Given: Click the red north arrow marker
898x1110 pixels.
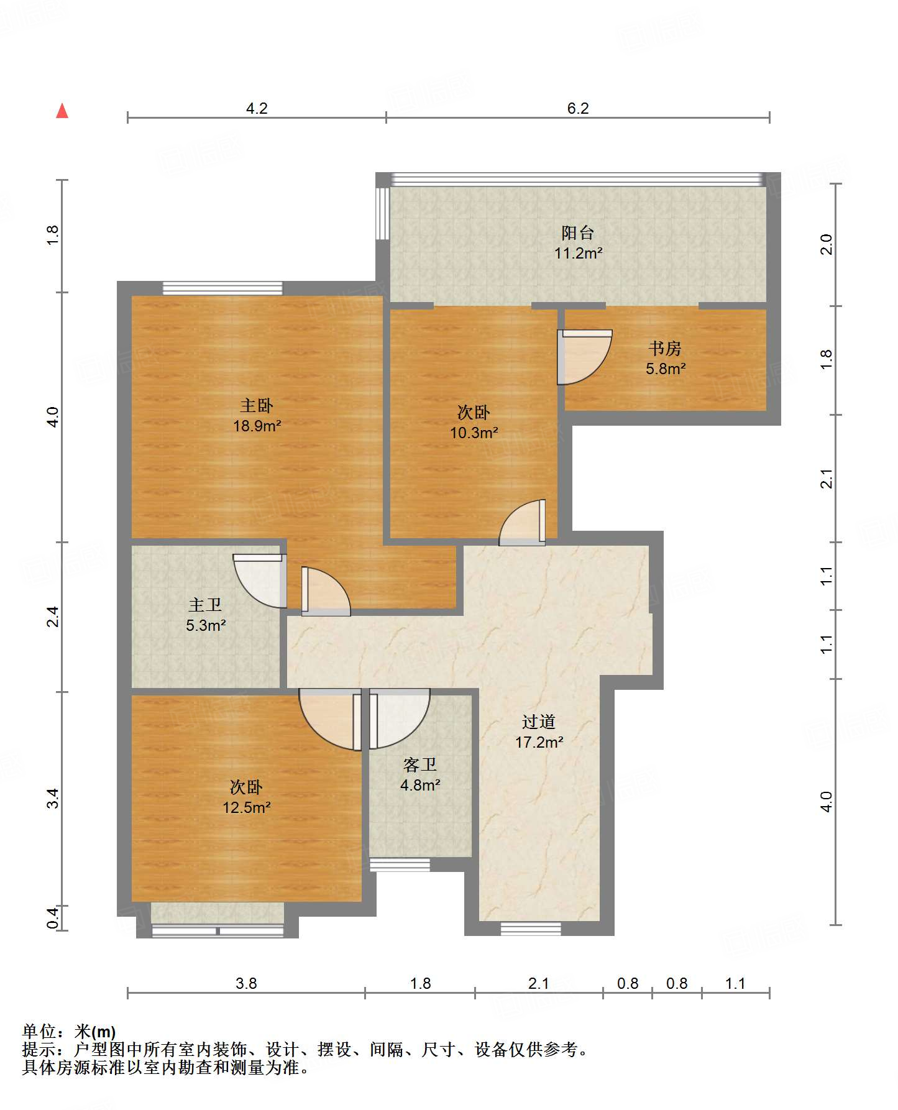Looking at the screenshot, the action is tap(62, 111).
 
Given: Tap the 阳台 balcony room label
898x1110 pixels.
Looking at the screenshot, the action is tap(578, 233).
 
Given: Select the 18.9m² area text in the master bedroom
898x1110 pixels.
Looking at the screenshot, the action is tap(257, 426).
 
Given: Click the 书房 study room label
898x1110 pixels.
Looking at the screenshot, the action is tap(665, 348).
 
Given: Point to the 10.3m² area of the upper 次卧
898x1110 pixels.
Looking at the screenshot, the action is tap(474, 433).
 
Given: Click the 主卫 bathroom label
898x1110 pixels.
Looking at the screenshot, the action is tap(205, 605).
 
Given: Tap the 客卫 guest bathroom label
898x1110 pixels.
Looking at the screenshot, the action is tap(420, 764).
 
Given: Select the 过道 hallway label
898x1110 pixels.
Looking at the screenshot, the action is tap(539, 722).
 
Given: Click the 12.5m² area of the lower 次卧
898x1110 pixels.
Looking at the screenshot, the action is tap(247, 807).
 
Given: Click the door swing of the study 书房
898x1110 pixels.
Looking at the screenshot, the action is tap(584, 357).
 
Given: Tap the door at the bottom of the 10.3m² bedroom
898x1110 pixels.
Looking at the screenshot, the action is tap(523, 523).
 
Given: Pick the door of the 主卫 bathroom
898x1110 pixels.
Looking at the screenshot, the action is tap(260, 580).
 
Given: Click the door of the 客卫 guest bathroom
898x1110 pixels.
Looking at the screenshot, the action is tap(399, 718).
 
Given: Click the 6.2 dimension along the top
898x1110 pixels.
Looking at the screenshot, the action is tap(578, 108).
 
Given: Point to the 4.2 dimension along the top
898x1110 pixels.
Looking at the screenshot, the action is tap(257, 108).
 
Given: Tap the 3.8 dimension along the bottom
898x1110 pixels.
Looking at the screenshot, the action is tap(246, 983).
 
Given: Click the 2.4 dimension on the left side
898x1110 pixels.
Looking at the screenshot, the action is tap(53, 617).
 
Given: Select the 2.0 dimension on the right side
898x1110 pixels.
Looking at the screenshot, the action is tap(826, 244).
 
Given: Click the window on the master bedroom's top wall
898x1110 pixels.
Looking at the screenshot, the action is tap(222, 288).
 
